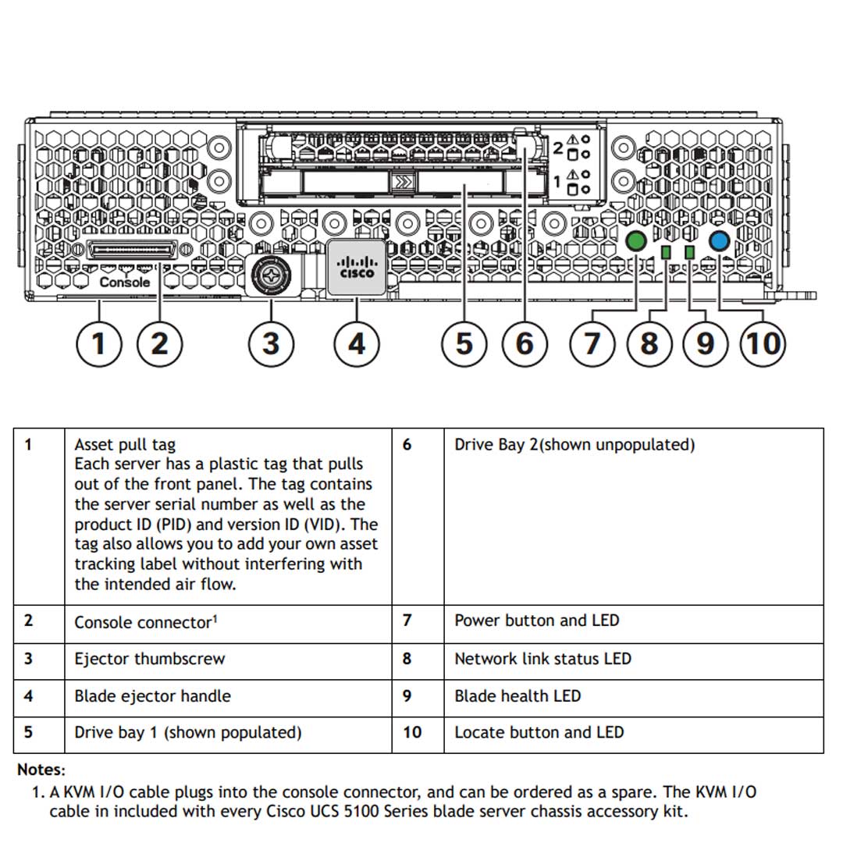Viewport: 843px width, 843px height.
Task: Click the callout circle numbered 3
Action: (x=271, y=343)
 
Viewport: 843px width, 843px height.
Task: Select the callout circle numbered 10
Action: (x=762, y=343)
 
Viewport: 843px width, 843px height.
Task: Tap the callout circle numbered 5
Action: (x=464, y=343)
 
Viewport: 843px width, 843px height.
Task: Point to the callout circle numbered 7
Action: (x=592, y=343)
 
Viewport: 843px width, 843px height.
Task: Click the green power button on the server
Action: (x=637, y=241)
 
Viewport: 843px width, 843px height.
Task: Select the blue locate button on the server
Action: (x=718, y=241)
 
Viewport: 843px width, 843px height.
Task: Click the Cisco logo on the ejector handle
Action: (x=356, y=268)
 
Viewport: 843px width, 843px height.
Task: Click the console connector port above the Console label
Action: (x=133, y=251)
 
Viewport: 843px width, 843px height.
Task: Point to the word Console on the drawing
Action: (x=125, y=282)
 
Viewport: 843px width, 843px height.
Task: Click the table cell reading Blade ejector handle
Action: (x=152, y=695)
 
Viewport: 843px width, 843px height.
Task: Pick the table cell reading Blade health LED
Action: (x=518, y=695)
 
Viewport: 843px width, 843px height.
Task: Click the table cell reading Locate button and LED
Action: (x=539, y=732)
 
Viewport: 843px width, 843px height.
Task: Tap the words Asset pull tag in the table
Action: (x=125, y=445)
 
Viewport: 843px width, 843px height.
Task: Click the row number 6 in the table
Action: (x=407, y=445)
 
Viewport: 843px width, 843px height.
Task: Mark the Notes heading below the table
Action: (x=41, y=770)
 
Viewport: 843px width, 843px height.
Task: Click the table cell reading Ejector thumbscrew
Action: (x=149, y=659)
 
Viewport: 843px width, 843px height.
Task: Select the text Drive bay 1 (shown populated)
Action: (x=187, y=732)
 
